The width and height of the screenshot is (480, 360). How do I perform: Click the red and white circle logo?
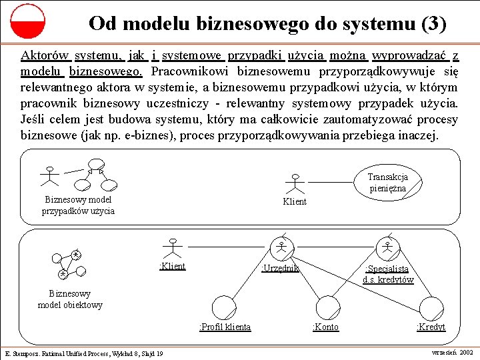click(x=27, y=21)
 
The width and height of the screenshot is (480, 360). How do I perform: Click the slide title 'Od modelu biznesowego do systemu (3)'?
click(x=267, y=24)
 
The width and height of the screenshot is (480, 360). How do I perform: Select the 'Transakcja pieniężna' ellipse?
click(x=387, y=182)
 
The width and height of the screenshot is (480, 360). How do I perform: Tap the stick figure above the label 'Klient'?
click(x=294, y=184)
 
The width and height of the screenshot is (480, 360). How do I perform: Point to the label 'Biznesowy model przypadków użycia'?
click(x=78, y=205)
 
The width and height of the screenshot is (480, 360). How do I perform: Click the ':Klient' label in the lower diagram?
click(x=173, y=267)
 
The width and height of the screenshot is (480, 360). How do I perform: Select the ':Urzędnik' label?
click(x=280, y=268)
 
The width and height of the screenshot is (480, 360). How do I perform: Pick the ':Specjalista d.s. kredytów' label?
click(x=388, y=274)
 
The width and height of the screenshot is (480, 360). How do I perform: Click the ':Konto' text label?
click(x=325, y=327)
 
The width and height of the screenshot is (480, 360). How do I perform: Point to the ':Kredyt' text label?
click(x=431, y=327)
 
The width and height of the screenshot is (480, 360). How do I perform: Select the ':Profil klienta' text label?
click(x=225, y=327)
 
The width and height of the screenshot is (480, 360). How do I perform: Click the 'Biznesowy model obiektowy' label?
click(x=70, y=299)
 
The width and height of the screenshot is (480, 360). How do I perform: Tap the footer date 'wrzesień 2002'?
click(x=453, y=351)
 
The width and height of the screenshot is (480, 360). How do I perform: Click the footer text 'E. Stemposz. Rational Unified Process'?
click(x=84, y=353)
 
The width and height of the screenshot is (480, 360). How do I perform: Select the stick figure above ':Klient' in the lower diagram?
click(x=173, y=248)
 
